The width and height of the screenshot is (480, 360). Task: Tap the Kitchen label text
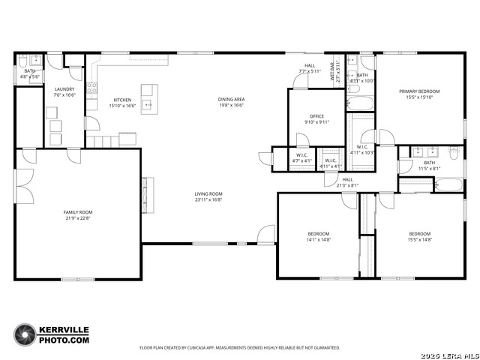click(122, 100)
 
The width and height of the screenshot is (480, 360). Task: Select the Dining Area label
click(231, 100)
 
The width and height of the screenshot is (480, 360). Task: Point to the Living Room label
click(209, 194)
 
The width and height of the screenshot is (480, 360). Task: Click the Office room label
click(316, 116)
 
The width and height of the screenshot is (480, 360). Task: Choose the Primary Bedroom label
click(419, 91)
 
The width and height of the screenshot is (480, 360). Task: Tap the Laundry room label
click(64, 89)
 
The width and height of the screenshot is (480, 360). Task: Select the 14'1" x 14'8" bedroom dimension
click(318, 240)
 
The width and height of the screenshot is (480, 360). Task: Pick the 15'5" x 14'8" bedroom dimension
click(419, 240)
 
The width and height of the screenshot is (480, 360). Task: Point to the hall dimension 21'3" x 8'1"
click(348, 185)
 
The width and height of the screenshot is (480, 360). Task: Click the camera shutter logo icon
click(25, 334)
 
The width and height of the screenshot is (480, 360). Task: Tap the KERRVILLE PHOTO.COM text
click(64, 334)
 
